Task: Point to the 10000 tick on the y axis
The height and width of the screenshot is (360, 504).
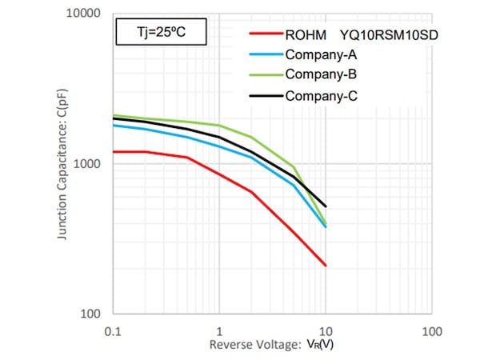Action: [x=83, y=14]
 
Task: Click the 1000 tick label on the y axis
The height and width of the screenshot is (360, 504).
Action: [x=86, y=164]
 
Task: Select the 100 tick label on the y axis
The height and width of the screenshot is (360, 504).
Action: [x=90, y=314]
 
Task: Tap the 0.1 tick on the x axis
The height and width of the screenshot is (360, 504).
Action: [x=113, y=330]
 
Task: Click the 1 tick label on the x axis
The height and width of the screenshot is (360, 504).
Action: [x=219, y=330]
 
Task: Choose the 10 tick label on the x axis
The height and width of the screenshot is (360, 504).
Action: [x=326, y=330]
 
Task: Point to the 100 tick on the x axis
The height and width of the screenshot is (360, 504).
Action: [x=432, y=330]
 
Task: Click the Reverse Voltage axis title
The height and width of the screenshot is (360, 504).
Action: [x=271, y=345]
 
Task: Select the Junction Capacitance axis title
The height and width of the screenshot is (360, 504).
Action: [x=62, y=164]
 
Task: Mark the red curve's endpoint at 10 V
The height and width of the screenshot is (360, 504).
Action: [x=326, y=266]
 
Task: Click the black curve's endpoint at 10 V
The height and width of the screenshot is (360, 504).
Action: [x=326, y=206]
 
